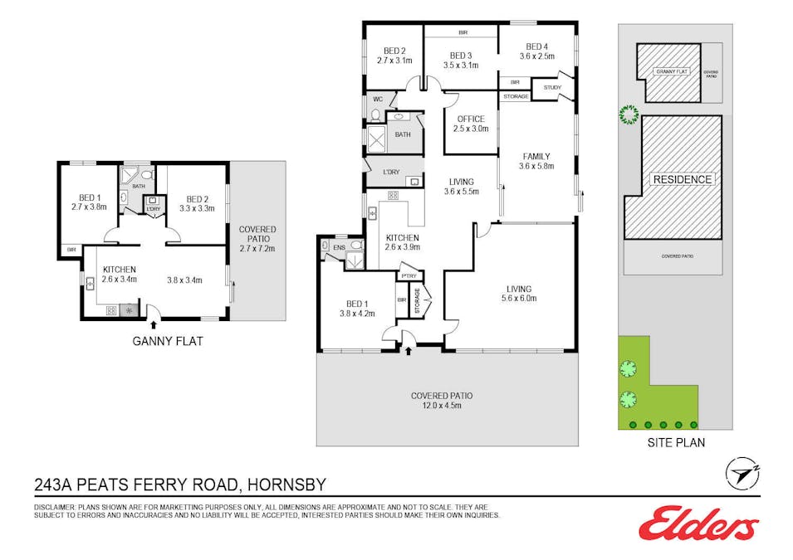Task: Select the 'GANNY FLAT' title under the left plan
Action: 168,340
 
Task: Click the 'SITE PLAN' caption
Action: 676,442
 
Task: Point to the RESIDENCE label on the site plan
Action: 682,179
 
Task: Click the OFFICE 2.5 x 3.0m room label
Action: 470,124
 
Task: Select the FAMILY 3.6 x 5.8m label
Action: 536,161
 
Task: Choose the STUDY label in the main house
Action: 552,88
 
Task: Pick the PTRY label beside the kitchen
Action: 409,275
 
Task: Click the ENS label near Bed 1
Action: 339,246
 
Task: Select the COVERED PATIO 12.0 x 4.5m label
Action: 447,400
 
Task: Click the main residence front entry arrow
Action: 409,351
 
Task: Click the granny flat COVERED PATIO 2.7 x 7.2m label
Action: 257,238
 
